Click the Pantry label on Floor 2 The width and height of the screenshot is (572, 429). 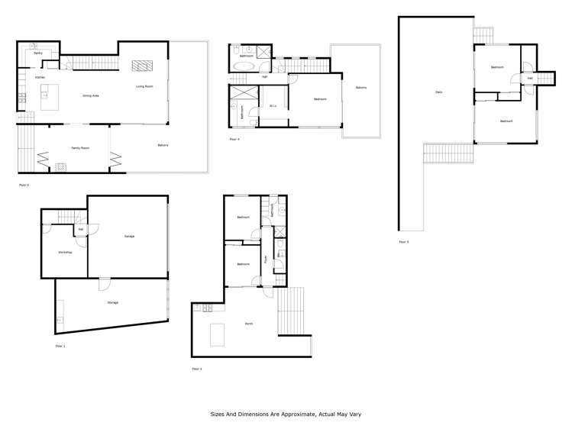(x=37, y=53)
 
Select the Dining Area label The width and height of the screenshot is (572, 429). (x=91, y=95)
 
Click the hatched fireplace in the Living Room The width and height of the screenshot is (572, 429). (x=142, y=66)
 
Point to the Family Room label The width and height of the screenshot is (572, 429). (x=80, y=147)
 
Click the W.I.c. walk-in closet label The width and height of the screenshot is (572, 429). (x=273, y=106)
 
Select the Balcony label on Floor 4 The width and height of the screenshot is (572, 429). (x=360, y=88)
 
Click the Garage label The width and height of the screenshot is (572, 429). (x=129, y=236)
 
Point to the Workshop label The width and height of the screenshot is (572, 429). (x=65, y=252)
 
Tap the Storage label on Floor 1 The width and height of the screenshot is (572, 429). (x=112, y=302)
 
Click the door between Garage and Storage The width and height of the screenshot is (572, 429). (x=103, y=283)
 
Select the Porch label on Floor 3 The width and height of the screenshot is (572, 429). (x=249, y=324)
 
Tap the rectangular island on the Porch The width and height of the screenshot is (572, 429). (x=218, y=334)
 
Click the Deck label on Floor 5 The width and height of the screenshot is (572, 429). (x=438, y=92)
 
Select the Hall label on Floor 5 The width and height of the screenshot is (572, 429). (x=530, y=78)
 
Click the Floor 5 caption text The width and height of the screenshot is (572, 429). (x=403, y=242)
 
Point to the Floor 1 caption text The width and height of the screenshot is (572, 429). (x=60, y=346)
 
